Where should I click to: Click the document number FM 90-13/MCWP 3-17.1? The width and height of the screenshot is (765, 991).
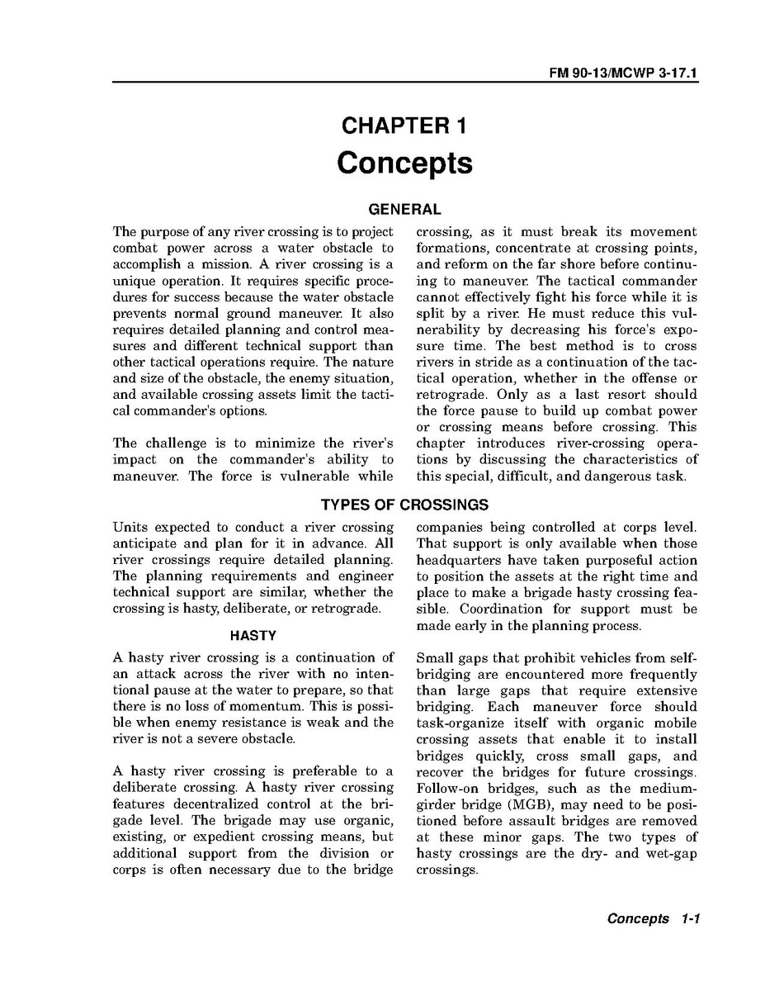[x=624, y=73]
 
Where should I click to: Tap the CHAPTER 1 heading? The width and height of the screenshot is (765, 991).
[x=404, y=126]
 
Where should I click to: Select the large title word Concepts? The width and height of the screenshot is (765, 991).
[x=404, y=163]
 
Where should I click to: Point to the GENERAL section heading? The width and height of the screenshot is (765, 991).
[x=404, y=210]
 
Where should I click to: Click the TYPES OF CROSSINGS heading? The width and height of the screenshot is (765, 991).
[x=404, y=505]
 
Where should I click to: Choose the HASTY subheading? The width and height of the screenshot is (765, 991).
[x=253, y=636]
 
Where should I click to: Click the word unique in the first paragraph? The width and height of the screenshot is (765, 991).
[x=132, y=281]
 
